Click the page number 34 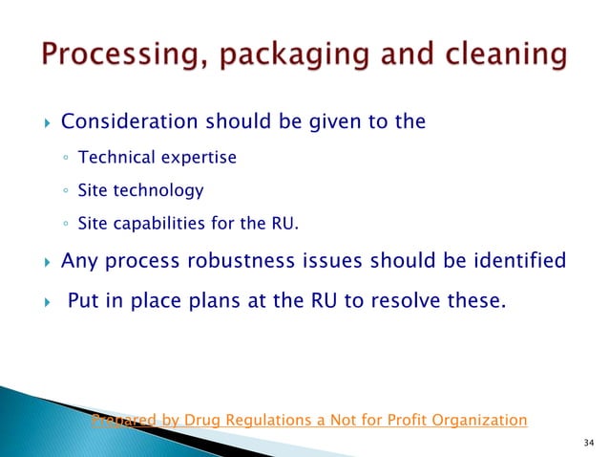tap(586, 442)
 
